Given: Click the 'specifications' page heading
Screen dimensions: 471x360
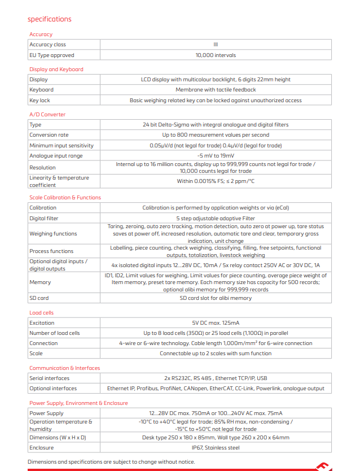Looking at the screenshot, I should tap(50, 19).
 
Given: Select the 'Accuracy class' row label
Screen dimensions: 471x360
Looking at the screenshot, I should tap(47, 45).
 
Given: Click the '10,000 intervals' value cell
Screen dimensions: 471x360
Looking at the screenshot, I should tap(216, 55).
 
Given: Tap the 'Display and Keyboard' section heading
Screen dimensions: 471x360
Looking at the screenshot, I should tap(56, 69).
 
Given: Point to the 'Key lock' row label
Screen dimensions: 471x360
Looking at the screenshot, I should tap(39, 101).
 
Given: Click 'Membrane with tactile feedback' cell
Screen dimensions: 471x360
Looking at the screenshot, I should tap(216, 90).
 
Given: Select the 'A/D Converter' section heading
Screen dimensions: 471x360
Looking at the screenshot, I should tap(47, 115).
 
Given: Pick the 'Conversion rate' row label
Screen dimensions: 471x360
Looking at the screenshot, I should tap(49, 135).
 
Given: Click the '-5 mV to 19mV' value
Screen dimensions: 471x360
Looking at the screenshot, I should tap(216, 156).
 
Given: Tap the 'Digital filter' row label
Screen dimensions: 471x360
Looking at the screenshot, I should tap(44, 218).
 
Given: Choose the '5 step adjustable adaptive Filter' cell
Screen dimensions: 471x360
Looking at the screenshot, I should tap(216, 218).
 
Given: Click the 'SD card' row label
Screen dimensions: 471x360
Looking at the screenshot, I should tap(39, 298).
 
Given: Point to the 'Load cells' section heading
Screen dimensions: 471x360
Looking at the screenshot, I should tap(41, 312).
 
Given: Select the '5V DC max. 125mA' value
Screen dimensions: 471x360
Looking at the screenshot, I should tap(216, 323).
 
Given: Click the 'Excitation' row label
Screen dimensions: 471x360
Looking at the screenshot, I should tap(42, 323).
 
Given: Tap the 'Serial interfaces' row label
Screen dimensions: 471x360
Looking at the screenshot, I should tap(50, 378).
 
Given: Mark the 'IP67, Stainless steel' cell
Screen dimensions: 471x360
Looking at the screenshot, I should tap(216, 448).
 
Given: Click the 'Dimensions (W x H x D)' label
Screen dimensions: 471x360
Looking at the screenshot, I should tap(58, 438).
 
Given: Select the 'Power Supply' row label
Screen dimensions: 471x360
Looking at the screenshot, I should tap(46, 413).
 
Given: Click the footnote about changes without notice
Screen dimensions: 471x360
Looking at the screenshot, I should tap(111, 462).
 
